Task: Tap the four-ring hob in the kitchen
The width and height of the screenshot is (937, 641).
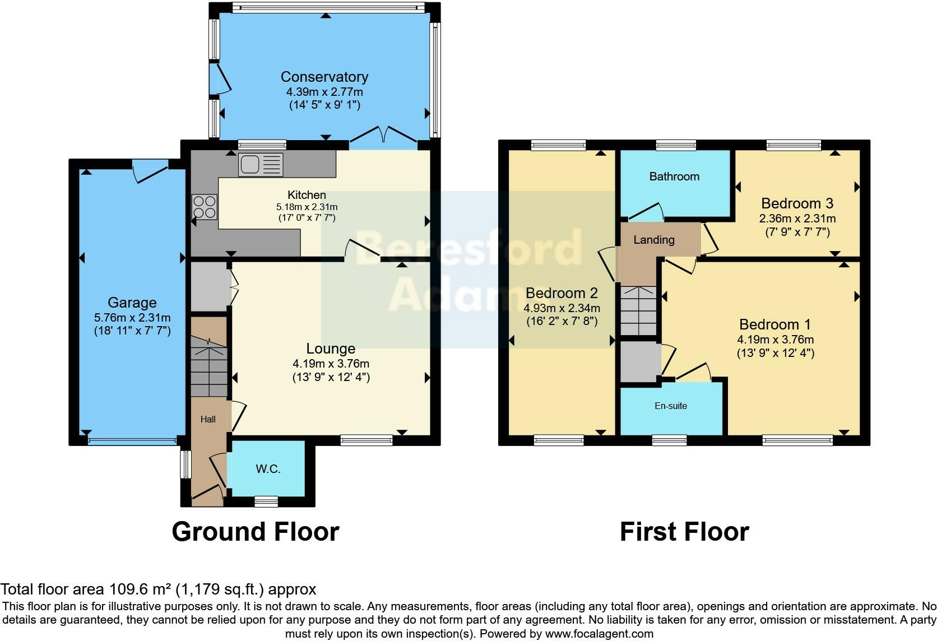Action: click(x=205, y=206)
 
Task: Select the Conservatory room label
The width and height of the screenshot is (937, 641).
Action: click(x=324, y=77)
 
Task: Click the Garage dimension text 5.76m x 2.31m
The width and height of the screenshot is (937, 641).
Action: click(x=132, y=318)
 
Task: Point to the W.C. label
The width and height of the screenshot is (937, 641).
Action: click(x=268, y=469)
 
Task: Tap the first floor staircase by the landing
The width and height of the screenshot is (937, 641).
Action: click(x=638, y=311)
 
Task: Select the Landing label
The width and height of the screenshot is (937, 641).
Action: click(x=653, y=240)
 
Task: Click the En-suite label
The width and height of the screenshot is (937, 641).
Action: click(x=671, y=406)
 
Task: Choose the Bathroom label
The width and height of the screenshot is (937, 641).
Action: click(x=674, y=176)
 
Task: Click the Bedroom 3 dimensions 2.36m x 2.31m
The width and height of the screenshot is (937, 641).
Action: click(x=797, y=219)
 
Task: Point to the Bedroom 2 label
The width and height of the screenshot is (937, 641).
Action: click(x=562, y=293)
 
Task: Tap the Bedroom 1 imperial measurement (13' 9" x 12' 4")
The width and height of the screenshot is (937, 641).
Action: click(x=775, y=353)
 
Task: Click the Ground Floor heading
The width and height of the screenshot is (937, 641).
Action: click(x=255, y=531)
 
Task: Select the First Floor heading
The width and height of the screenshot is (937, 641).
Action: click(x=684, y=531)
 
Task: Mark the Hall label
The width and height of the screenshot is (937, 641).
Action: click(x=208, y=419)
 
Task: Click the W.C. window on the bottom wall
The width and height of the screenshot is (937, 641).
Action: click(x=266, y=501)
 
